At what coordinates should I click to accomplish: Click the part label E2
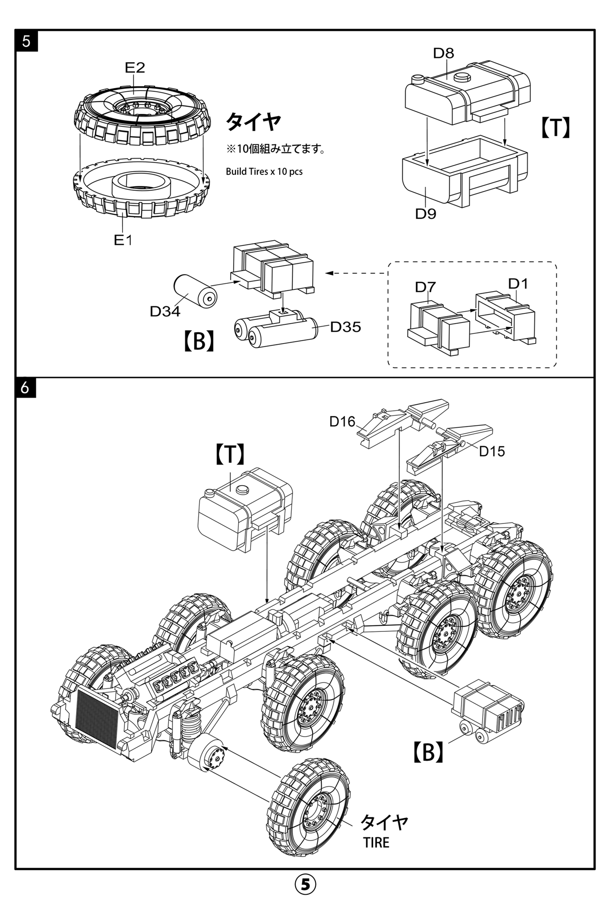tap(134, 68)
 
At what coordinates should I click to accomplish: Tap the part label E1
tap(123, 240)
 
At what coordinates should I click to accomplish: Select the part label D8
tap(443, 53)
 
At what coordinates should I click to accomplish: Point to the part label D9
tap(426, 214)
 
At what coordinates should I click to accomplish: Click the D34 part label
tap(165, 312)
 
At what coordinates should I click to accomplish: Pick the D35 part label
tap(345, 327)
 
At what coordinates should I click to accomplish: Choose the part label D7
tap(426, 287)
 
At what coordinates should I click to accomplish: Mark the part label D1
tap(518, 284)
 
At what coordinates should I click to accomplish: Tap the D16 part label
tap(342, 422)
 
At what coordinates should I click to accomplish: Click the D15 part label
tap(492, 451)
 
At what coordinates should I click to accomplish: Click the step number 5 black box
tap(26, 41)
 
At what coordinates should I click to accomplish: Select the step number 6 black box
tap(26, 388)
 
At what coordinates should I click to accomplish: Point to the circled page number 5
tap(305, 884)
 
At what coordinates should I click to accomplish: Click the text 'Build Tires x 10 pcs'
tap(264, 172)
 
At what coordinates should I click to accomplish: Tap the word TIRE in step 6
tap(376, 843)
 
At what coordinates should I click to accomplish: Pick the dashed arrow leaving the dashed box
tap(355, 273)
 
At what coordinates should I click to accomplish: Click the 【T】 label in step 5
tap(555, 128)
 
